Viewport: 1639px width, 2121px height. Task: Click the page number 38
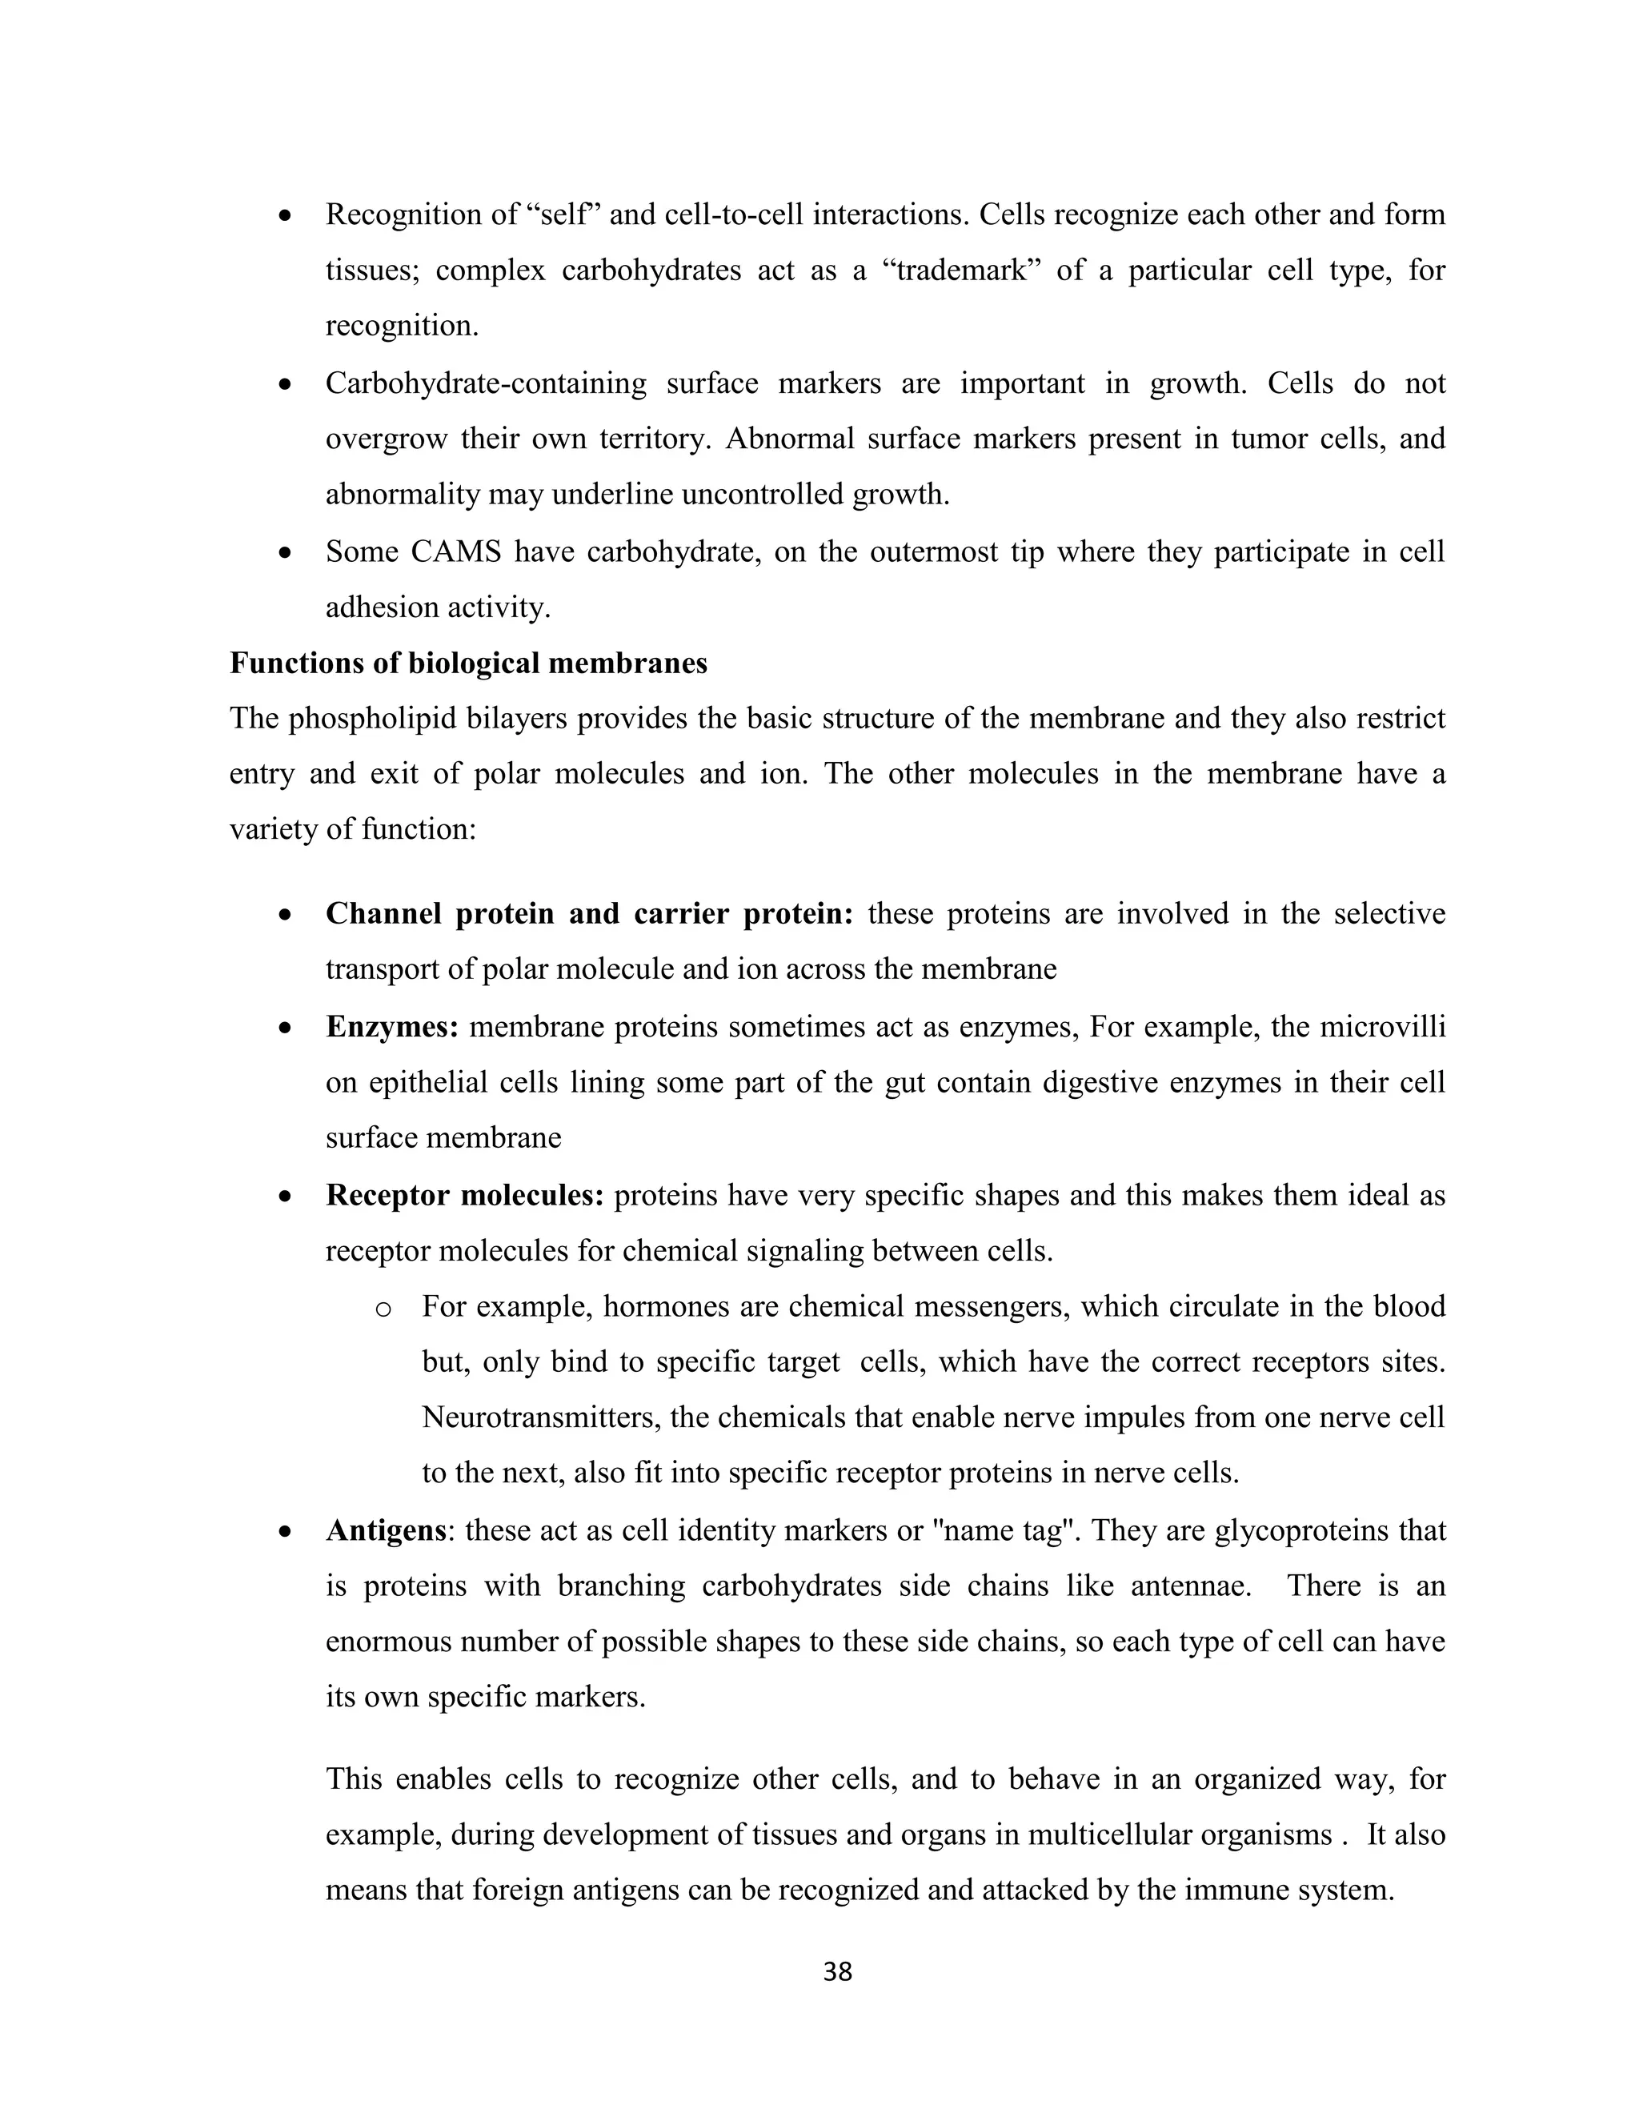[x=837, y=1971]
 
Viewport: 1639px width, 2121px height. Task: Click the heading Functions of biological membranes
[x=468, y=664]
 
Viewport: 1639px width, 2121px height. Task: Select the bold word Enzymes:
[x=392, y=1027]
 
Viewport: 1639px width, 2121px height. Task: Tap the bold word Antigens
[x=387, y=1530]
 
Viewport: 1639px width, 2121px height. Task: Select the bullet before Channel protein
[x=284, y=915]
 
